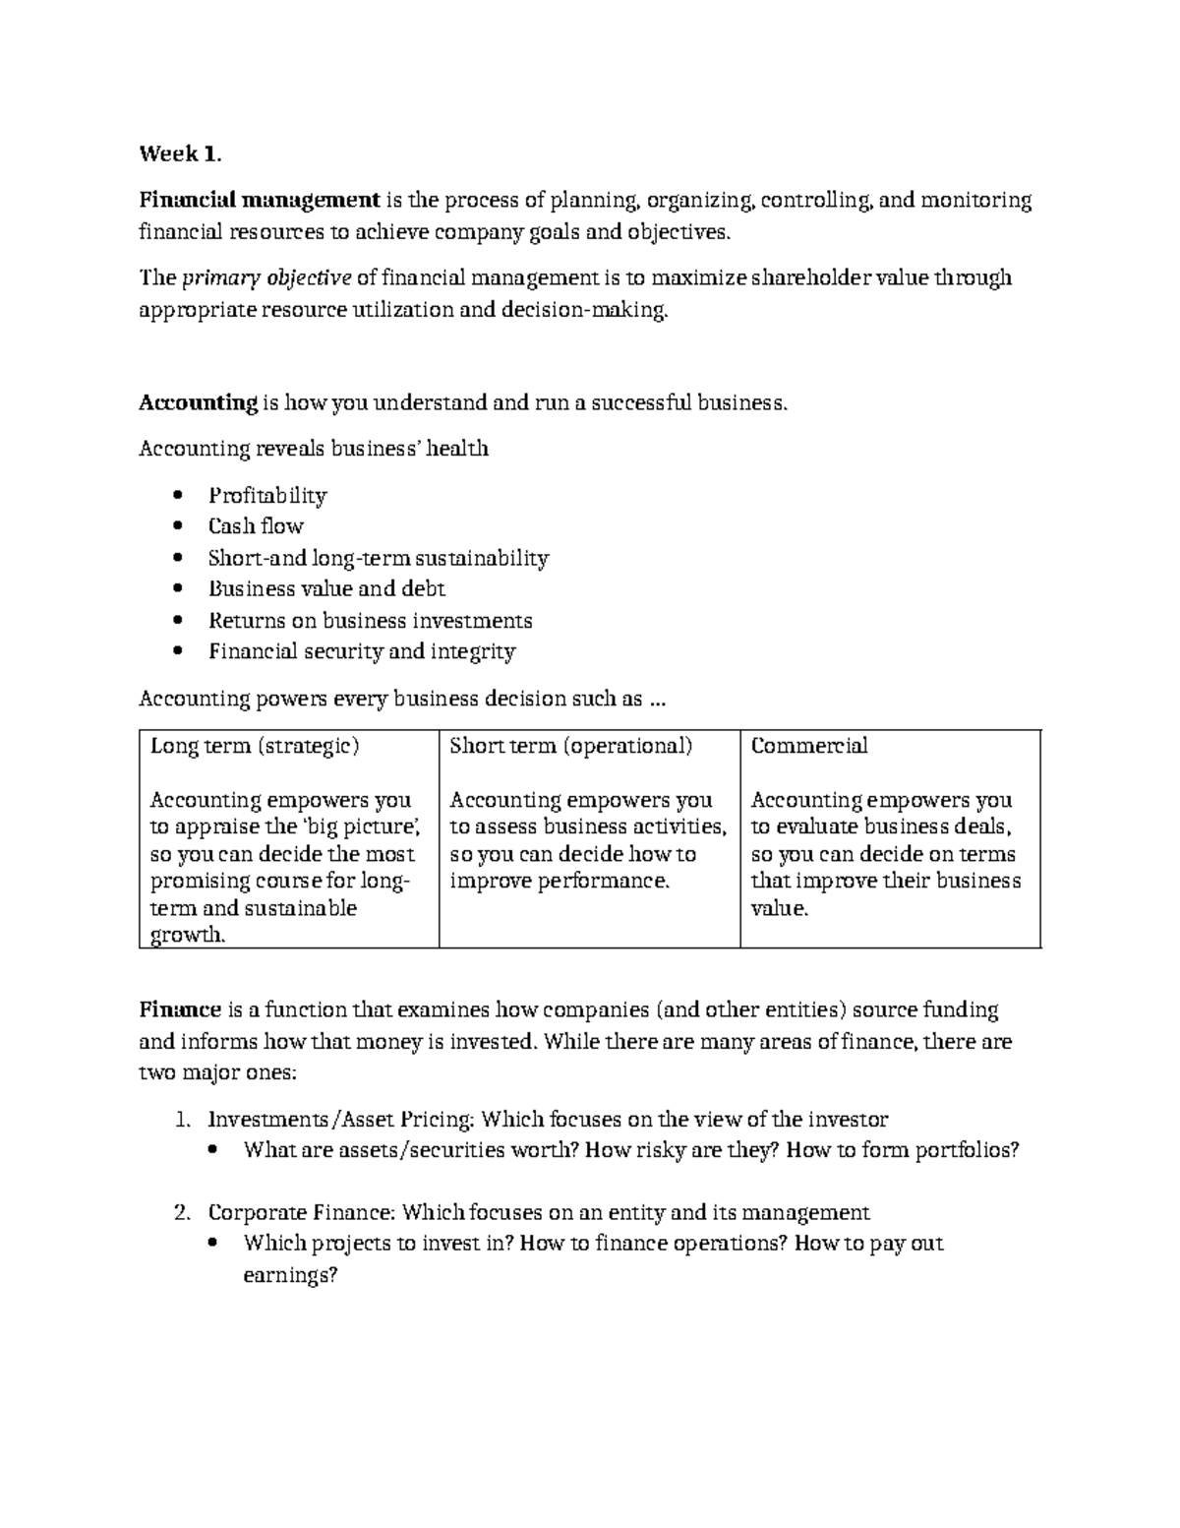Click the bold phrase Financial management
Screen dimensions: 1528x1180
tap(259, 201)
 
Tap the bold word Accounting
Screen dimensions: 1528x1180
tap(198, 402)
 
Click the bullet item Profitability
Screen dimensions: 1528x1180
tap(266, 495)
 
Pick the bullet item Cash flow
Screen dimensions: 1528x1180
tap(256, 526)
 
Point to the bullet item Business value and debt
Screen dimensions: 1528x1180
tap(326, 589)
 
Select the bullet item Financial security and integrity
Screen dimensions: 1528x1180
tap(361, 651)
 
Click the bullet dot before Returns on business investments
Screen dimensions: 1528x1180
tap(177, 621)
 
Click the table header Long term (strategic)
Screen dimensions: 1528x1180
tap(254, 746)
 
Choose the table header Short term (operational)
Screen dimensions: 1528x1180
tap(570, 746)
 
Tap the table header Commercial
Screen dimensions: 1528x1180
tap(808, 746)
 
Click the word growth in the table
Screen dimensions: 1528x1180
tap(187, 935)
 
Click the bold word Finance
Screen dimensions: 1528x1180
tap(180, 1009)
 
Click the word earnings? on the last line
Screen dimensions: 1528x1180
tap(290, 1275)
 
